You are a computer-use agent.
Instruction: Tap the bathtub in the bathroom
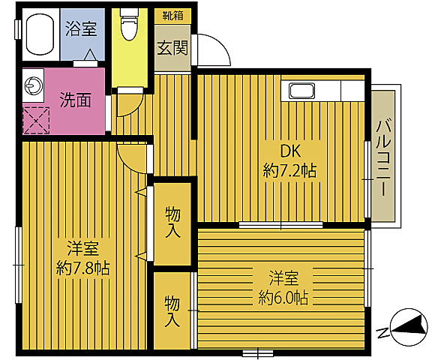tap(38, 37)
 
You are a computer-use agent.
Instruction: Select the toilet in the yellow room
tap(130, 27)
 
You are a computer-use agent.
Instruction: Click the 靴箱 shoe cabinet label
tap(172, 14)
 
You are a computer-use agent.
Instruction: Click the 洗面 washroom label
tap(76, 98)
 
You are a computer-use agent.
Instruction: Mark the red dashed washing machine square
tap(35, 119)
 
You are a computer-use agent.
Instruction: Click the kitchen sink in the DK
tap(304, 92)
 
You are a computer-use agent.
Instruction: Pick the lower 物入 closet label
tap(172, 311)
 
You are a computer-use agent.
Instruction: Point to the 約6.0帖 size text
tap(283, 297)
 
